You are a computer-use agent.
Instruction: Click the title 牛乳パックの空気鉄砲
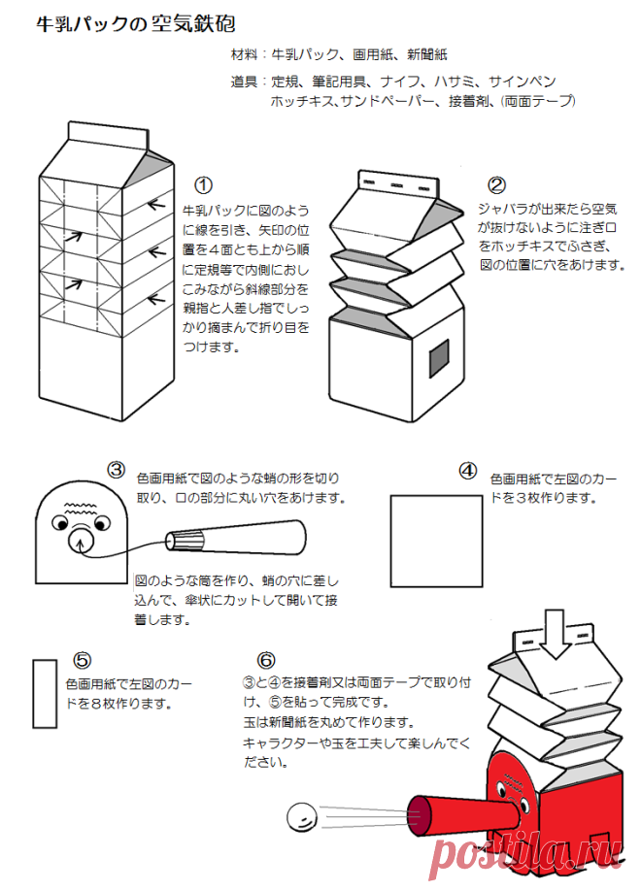pos(135,24)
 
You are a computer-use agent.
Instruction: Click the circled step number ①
pos(203,185)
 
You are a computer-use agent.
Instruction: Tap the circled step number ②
pos(496,185)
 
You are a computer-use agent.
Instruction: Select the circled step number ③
pos(116,470)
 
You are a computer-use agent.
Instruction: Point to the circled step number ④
pos(467,471)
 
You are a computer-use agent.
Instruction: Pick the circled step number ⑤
pos(82,660)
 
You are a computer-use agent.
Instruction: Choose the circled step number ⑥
pos(266,660)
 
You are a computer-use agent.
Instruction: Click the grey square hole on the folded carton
pos(439,358)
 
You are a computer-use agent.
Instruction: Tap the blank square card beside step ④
pos(436,541)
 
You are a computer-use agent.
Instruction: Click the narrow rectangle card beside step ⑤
pos(45,694)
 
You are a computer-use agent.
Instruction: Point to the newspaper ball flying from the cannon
pos(302,817)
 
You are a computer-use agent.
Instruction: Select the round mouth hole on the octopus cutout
pos(81,541)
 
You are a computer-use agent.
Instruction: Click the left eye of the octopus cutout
pos(59,522)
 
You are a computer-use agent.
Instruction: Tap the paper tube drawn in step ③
pos(236,538)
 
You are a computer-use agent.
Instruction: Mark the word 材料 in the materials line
pos(244,54)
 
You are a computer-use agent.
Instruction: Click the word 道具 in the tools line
pos(244,82)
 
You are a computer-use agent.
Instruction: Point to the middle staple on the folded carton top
pos(397,185)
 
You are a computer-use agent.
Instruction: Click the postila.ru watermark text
pos(526,857)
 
